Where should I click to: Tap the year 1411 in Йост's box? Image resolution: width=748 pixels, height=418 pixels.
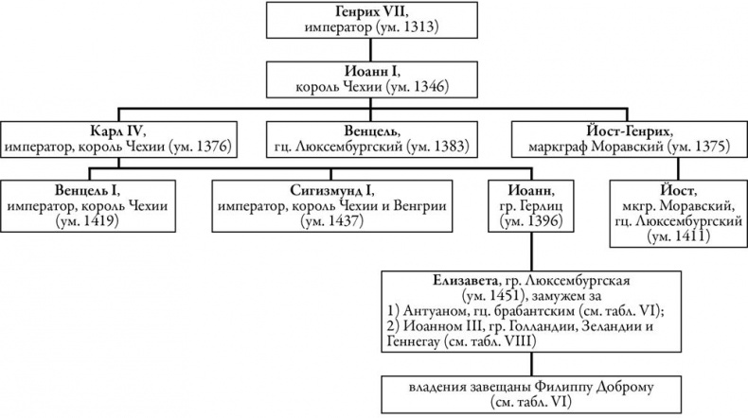coord(670,238)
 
